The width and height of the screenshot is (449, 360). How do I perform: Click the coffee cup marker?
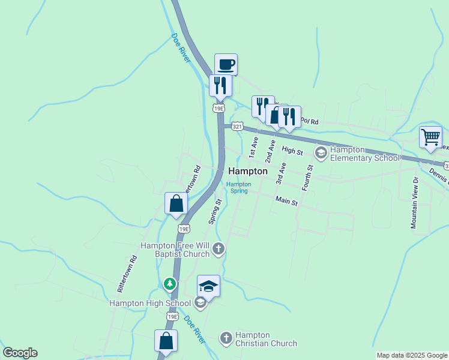click(x=226, y=64)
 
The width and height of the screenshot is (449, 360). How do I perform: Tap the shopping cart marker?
click(x=430, y=137)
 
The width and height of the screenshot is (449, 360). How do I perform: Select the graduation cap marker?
click(x=208, y=286)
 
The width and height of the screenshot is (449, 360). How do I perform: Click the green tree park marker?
click(x=170, y=283)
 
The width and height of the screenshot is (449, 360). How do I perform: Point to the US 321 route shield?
click(x=238, y=127)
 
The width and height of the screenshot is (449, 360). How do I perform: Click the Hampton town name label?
click(x=248, y=171)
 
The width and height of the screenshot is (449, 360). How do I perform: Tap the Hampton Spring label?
click(x=238, y=188)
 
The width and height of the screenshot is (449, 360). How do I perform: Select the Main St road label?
click(x=287, y=201)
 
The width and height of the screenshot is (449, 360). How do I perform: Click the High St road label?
click(x=292, y=151)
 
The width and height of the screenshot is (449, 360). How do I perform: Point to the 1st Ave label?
click(x=255, y=146)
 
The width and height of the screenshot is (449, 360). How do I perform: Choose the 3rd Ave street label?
click(x=280, y=173)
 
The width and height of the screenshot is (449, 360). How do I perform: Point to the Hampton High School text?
click(x=150, y=303)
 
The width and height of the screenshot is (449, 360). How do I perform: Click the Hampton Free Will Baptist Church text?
click(x=175, y=250)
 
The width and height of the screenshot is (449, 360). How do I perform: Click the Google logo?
click(x=20, y=353)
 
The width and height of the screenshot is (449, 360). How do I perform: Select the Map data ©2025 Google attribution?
click(x=411, y=355)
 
